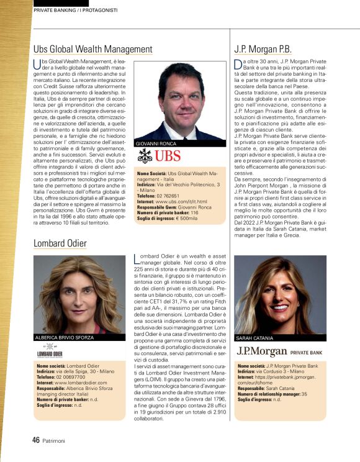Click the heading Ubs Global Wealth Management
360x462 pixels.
(x=92, y=49)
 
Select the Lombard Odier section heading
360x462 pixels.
(x=60, y=244)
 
